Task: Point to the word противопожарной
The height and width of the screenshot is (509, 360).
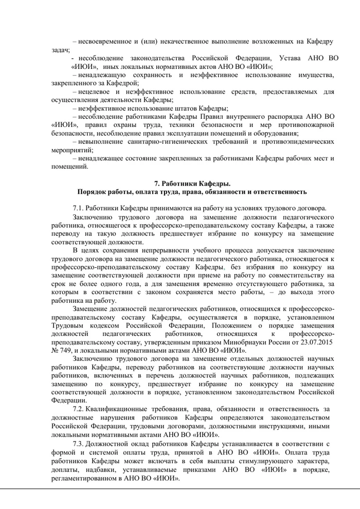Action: click(307, 125)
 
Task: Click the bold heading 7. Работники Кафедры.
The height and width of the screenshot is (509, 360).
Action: click(192, 184)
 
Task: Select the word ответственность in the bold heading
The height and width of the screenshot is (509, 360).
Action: click(278, 192)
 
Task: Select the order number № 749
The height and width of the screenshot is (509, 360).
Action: click(62, 350)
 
